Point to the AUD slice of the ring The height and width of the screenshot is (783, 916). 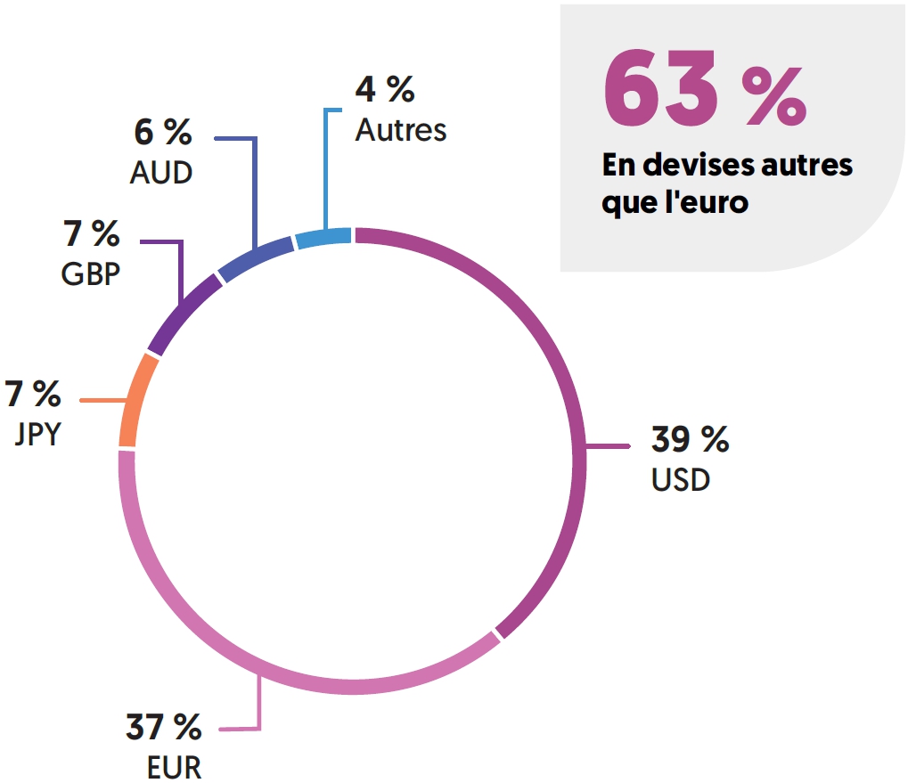pos(256,257)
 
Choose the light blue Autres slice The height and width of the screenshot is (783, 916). pos(323,238)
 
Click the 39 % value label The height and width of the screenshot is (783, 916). pos(690,439)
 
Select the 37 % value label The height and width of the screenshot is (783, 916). pos(163,728)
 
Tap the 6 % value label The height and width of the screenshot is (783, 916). pos(162,134)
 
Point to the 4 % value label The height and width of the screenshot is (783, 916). pos(385,89)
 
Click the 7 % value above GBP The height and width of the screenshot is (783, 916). pos(91,235)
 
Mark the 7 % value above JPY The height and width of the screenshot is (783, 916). pos(33,393)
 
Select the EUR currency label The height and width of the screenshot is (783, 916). pos(174,767)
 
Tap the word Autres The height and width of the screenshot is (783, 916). pos(401,130)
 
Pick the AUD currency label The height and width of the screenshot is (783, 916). pos(161,172)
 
